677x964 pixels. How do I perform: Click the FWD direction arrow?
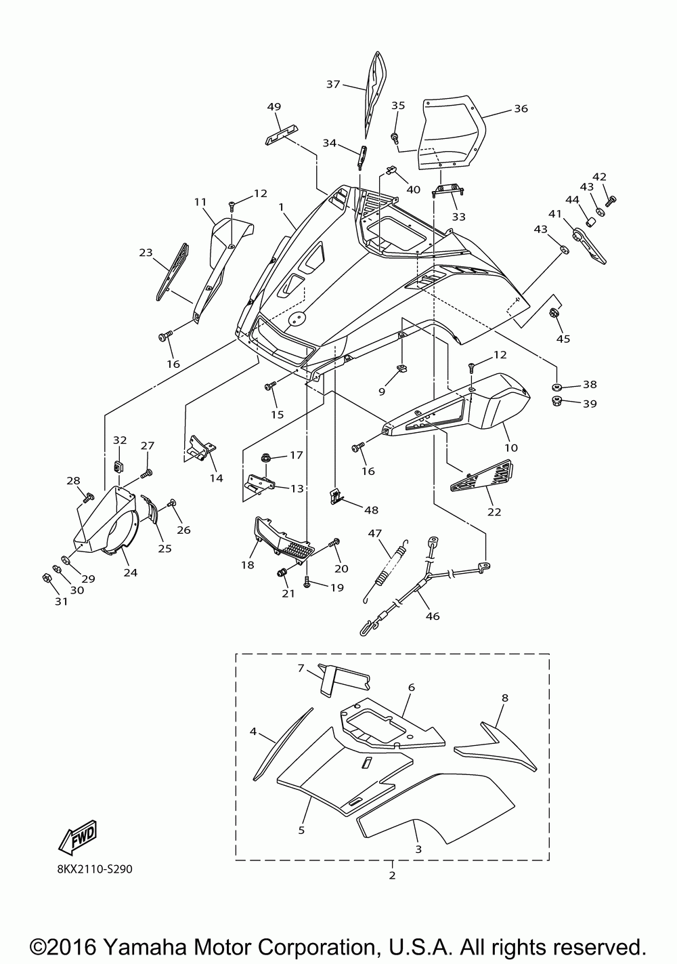tap(77, 837)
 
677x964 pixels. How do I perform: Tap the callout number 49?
tap(274, 107)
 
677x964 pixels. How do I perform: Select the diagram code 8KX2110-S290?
tap(95, 869)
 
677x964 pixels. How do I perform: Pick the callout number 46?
tap(433, 616)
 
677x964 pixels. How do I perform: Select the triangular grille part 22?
tap(482, 476)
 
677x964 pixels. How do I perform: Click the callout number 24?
tap(131, 572)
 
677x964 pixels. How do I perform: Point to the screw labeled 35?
tap(394, 138)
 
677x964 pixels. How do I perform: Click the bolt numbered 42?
tap(611, 201)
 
